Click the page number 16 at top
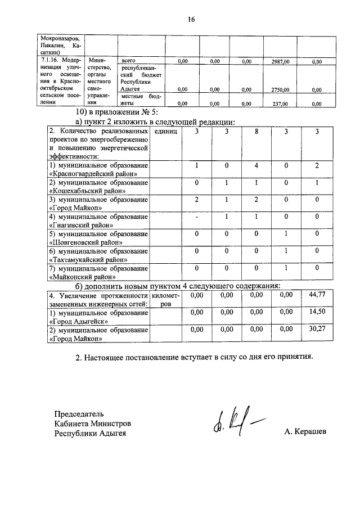(191, 19)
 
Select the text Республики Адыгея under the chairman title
(90, 433)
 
